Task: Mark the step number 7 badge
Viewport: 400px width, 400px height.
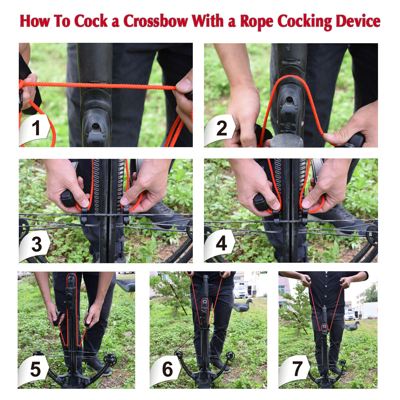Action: (x=296, y=370)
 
